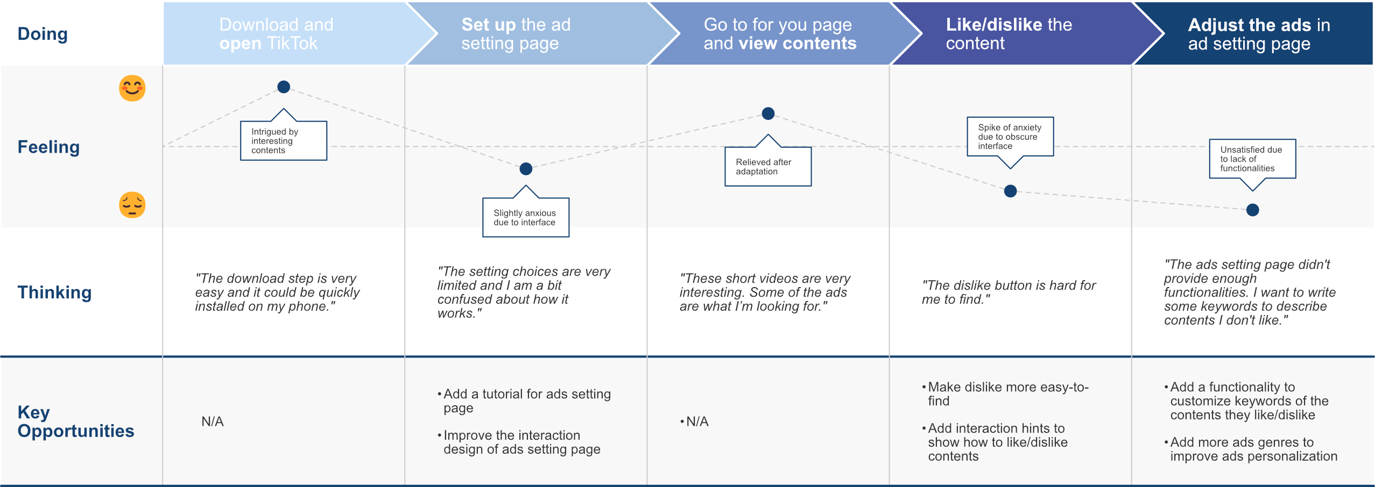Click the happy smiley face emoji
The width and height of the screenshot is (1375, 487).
tap(132, 88)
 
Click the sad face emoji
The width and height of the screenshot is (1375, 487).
tap(132, 205)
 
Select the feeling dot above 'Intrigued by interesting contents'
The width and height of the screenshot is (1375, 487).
tap(284, 87)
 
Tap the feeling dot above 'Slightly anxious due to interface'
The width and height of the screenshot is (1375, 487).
tap(526, 169)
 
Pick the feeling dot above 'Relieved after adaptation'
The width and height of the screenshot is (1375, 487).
tap(768, 113)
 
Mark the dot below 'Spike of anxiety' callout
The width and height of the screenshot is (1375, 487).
tap(1010, 191)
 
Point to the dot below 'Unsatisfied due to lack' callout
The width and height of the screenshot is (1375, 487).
tap(1252, 210)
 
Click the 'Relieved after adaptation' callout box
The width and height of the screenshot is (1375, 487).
tap(767, 167)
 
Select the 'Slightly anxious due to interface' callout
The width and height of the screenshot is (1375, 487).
tap(525, 218)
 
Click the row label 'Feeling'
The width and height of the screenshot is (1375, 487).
tap(48, 147)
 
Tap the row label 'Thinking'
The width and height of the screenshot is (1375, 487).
tap(54, 292)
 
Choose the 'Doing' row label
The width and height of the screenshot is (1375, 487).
tap(43, 34)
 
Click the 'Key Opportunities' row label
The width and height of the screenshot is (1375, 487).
tap(75, 421)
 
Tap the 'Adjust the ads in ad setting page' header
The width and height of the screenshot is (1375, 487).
tap(1258, 34)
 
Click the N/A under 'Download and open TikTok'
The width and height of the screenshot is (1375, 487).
tap(212, 421)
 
